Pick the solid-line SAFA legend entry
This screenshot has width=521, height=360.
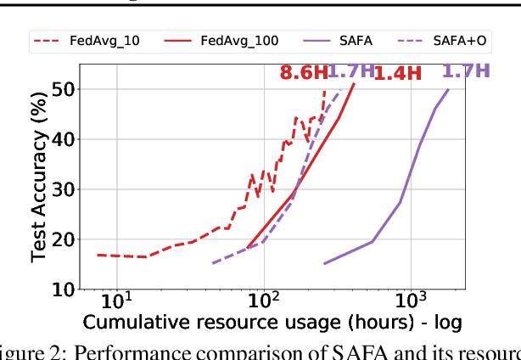pyautogui.click(x=337, y=40)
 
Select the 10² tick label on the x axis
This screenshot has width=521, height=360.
pyautogui.click(x=265, y=301)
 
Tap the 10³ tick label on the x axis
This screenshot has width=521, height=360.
pyautogui.click(x=412, y=301)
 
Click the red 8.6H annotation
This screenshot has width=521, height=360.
pyautogui.click(x=301, y=73)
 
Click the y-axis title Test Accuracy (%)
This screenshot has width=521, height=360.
pyautogui.click(x=38, y=183)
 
